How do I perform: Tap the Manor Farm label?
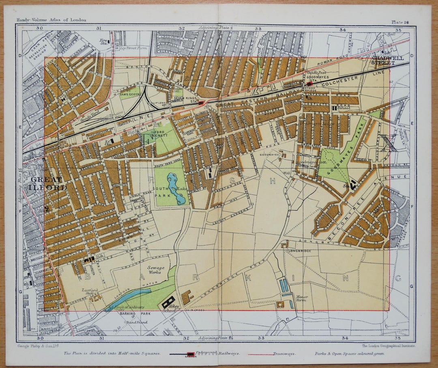[302, 299]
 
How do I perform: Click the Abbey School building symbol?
[168, 302]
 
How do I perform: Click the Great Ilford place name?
[47, 184]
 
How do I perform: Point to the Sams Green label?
[129, 94]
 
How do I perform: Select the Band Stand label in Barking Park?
[136, 322]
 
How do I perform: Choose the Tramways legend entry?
[284, 353]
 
